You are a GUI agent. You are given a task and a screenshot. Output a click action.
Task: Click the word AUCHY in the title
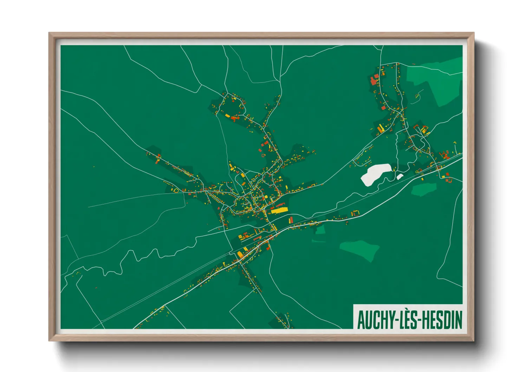pyautogui.click(x=374, y=320)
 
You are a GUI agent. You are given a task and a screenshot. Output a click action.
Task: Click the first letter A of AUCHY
pyautogui.click(x=361, y=320)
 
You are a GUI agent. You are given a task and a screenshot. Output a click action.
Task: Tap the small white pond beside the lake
pyautogui.click(x=399, y=177)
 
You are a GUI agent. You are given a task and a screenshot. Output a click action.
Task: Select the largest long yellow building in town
pyautogui.click(x=279, y=210)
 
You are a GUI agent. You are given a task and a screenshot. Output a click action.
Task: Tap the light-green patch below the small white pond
pyautogui.click(x=423, y=189)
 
